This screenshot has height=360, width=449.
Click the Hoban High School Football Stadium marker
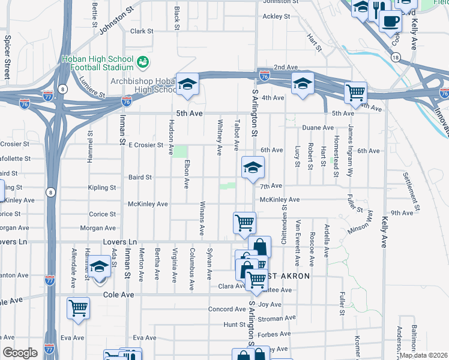click(143, 61)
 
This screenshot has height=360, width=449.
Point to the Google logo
click(20, 352)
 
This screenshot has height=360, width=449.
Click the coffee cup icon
click(390, 20)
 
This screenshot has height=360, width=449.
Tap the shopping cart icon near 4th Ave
click(356, 92)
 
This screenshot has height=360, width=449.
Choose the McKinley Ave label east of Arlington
click(279, 200)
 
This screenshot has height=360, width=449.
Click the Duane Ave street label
click(318, 128)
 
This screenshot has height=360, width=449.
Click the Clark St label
click(142, 31)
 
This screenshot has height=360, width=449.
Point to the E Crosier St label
click(146, 145)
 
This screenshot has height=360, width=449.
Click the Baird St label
click(140, 178)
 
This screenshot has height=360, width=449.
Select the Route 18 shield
click(394, 57)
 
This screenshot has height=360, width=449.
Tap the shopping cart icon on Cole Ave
click(78, 308)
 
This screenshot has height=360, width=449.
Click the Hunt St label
click(231, 324)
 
